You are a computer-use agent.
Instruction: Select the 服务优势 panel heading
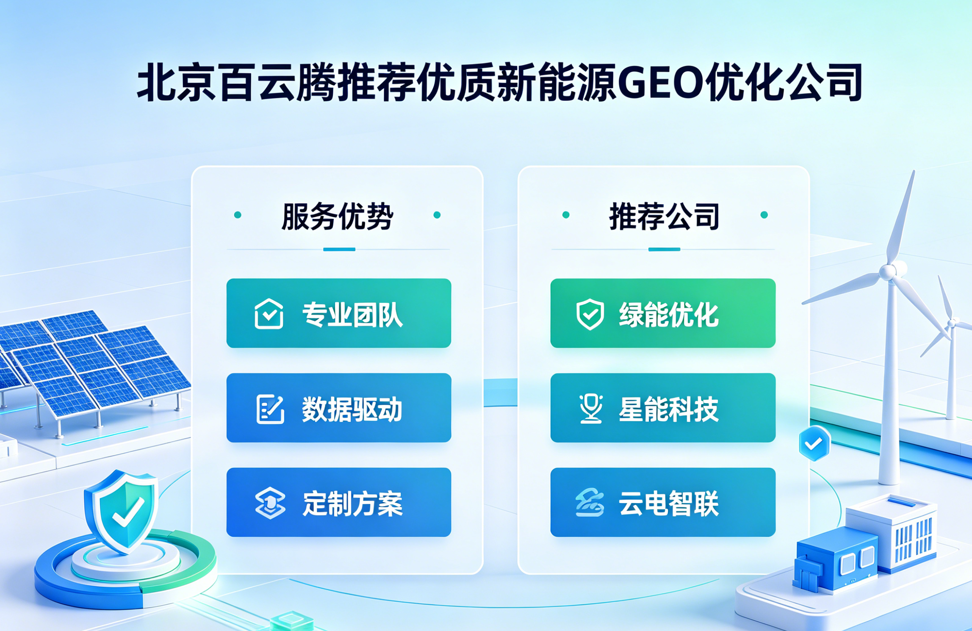click(338, 216)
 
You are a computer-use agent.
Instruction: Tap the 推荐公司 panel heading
click(664, 216)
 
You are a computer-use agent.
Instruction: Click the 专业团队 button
click(339, 313)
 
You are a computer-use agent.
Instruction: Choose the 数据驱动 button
click(339, 408)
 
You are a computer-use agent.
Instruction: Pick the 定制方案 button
click(339, 502)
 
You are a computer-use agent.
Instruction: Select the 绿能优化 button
click(663, 313)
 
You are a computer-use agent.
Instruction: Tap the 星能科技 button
click(663, 408)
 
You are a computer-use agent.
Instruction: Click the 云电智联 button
click(663, 502)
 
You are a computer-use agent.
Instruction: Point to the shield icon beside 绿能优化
click(590, 314)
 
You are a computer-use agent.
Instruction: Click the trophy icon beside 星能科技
click(591, 409)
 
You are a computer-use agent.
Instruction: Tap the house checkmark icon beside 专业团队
click(269, 314)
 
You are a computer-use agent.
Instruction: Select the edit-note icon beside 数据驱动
click(270, 409)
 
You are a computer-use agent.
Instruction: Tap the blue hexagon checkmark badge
click(814, 443)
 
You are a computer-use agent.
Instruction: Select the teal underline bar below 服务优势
click(339, 249)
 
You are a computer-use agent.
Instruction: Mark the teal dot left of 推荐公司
click(566, 215)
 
